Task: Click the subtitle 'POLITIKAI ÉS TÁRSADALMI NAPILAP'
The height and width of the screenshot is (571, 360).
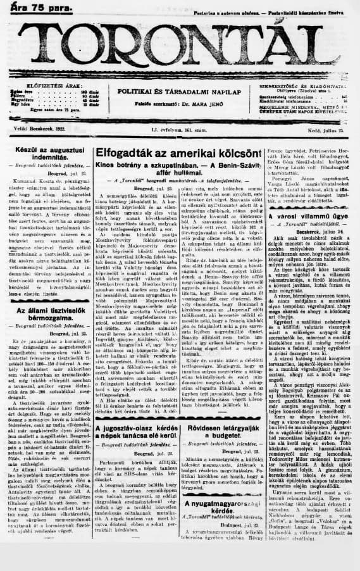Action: pos(180,91)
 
